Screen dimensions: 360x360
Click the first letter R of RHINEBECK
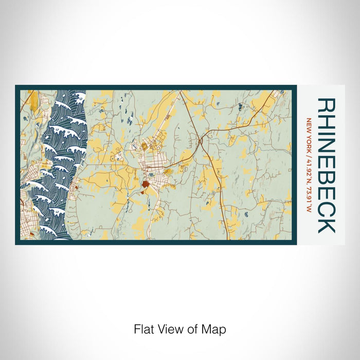coord(327,106)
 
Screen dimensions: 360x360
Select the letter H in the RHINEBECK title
coord(327,122)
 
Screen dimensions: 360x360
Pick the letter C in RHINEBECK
coord(327,208)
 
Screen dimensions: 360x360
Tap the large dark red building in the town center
coord(146,184)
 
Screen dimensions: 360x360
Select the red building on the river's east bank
coord(76,188)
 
